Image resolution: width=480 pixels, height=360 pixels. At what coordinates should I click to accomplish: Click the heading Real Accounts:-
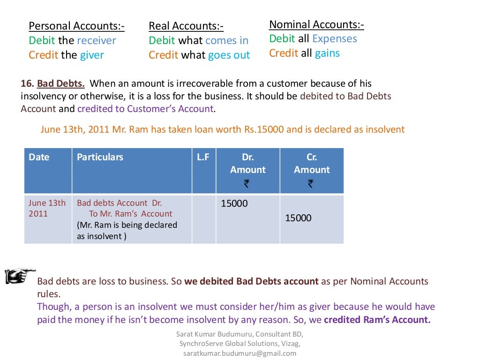pos(186,26)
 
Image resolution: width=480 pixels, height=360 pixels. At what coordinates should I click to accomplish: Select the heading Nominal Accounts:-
pos(316,24)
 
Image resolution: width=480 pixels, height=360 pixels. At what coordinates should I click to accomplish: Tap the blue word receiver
pos(96,40)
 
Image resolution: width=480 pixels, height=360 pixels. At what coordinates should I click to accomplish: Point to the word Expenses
pos(335,39)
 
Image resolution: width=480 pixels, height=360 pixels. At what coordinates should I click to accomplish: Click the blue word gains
pos(327,53)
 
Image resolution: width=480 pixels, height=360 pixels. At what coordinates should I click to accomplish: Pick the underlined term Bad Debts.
pos(61,84)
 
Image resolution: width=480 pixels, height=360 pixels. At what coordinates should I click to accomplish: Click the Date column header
pos(39,157)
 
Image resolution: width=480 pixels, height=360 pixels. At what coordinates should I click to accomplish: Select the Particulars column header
pos(100,157)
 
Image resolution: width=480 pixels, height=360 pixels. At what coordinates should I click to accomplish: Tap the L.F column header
pos(203,157)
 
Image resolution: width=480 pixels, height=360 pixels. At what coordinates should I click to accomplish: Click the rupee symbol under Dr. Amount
pos(247,184)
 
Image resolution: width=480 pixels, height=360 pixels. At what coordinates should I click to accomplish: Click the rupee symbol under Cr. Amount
pos(311,184)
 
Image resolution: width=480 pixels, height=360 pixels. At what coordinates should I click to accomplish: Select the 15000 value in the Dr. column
pos(234,204)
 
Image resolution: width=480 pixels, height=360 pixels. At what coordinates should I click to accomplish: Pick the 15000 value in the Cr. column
pos(298,218)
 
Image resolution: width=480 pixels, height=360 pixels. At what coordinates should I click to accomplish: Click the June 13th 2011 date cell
pos(47,209)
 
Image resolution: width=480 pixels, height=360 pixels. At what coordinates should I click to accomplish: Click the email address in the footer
pos(240,353)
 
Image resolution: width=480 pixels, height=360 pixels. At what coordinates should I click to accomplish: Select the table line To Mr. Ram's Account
pos(131,214)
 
